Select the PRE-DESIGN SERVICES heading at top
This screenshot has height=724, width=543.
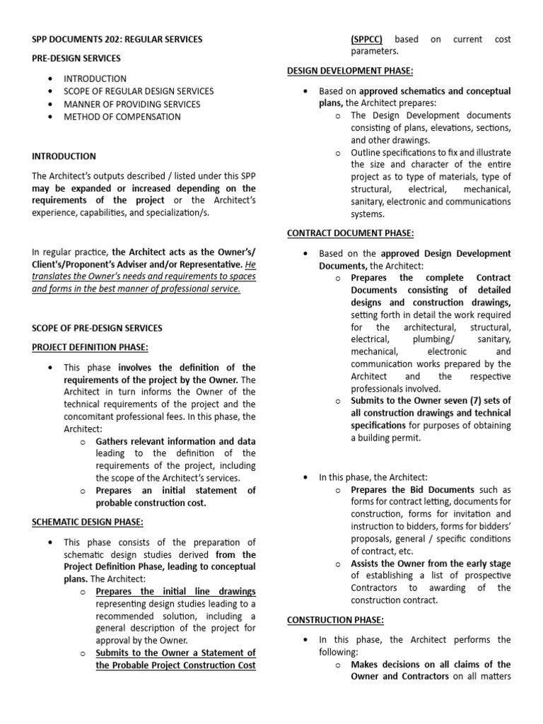(76, 58)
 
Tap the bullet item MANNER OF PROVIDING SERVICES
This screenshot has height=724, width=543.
(132, 104)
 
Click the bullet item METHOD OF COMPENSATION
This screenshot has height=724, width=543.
(122, 117)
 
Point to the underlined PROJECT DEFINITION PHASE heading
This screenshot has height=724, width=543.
(90, 346)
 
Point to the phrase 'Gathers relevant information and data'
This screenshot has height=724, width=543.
(175, 440)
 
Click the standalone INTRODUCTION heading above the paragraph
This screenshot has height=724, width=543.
(64, 156)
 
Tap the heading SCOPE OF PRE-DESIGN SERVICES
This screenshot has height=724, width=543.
(98, 328)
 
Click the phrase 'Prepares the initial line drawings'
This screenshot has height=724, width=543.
(175, 591)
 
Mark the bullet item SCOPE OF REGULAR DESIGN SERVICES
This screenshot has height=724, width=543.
(139, 91)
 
